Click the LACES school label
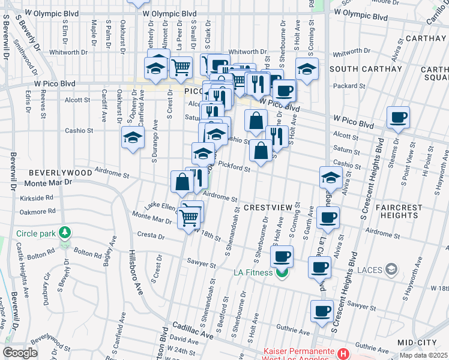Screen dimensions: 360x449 (x=371, y=269)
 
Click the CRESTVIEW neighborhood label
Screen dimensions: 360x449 (x=267, y=207)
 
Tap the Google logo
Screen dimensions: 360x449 (x=20, y=353)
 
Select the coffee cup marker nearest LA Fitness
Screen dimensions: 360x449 (x=282, y=257)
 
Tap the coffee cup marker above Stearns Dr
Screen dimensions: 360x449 (x=398, y=118)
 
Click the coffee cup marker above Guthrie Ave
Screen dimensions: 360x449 (x=322, y=311)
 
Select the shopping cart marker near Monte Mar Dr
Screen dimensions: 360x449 (x=189, y=217)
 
